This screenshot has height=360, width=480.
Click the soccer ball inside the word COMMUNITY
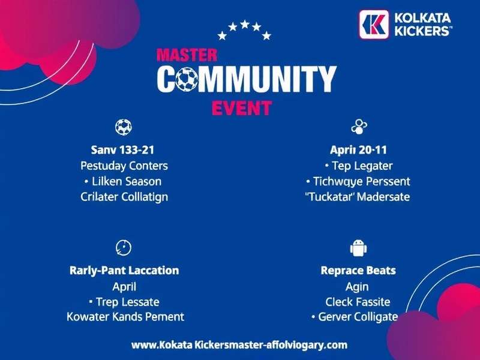coord(187,79)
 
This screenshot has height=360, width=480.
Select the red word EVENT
coord(242,108)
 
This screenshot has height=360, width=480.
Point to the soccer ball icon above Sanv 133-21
coord(124,127)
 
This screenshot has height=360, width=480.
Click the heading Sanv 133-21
coord(124,149)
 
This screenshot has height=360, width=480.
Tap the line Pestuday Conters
coord(124,165)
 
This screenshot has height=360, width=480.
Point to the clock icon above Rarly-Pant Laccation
coord(124,247)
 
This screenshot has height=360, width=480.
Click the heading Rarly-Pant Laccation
coord(124,270)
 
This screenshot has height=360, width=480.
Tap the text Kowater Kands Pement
coord(125,316)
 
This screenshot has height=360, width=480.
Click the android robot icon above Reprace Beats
coord(358,247)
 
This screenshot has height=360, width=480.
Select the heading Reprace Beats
coord(358,270)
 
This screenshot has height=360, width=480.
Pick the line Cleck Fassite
coord(358,301)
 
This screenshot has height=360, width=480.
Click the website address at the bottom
coord(239,345)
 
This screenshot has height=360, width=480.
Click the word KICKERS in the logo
coord(423,31)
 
